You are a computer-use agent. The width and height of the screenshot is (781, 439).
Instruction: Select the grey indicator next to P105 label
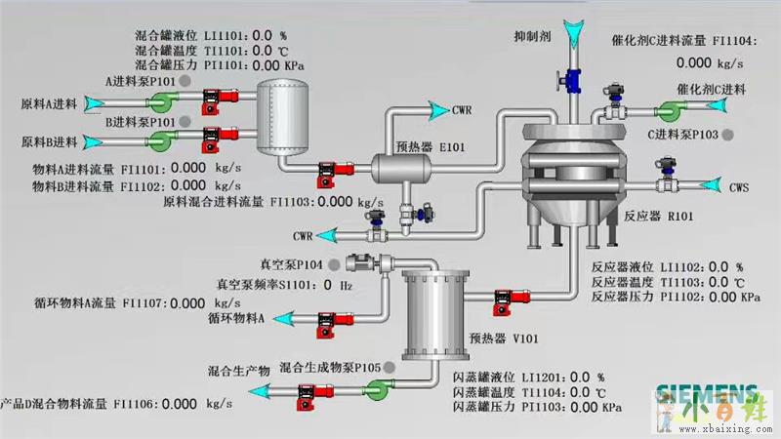click(390, 367)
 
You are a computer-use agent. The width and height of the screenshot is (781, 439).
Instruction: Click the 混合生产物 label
click(239, 372)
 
